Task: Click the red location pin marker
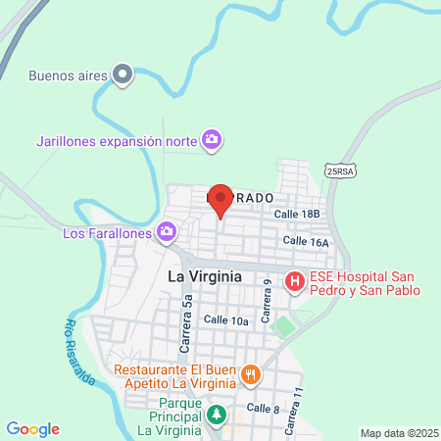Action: click(220, 200)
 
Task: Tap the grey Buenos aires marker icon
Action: click(122, 74)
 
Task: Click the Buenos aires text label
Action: click(66, 74)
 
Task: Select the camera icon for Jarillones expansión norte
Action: click(211, 140)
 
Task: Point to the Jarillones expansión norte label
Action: click(115, 140)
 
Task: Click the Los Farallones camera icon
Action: click(167, 232)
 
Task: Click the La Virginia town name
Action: click(205, 276)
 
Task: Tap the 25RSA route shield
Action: click(339, 170)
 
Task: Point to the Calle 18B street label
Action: click(297, 214)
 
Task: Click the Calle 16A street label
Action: click(305, 240)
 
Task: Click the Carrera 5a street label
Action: click(185, 327)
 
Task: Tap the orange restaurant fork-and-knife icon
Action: click(251, 374)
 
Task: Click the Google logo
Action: click(32, 428)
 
